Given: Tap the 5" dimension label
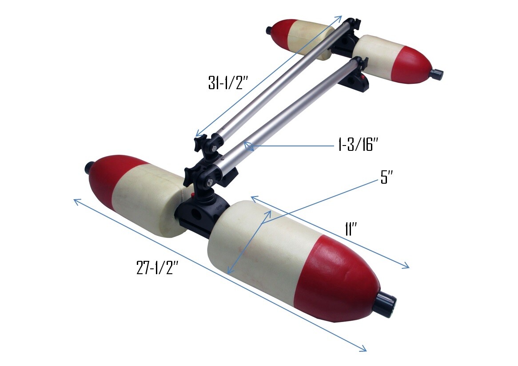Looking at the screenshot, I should click(x=387, y=178).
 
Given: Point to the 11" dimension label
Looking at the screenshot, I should click(x=351, y=228).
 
